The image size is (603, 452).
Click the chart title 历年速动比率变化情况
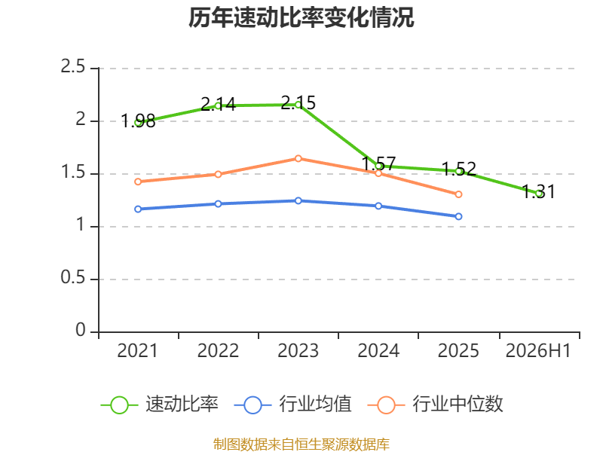coord(301,17)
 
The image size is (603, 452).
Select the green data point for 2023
coord(298,105)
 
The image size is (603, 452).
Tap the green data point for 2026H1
coord(539,194)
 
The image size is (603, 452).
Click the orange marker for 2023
coord(298,158)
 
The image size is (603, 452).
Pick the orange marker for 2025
coord(458,194)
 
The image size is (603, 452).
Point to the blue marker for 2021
coord(138,209)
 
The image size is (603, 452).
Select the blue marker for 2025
coord(458,217)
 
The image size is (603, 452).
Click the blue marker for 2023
coord(298,200)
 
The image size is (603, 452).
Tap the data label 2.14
coord(218,104)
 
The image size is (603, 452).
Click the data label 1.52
coord(459,169)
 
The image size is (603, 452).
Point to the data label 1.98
coord(138,121)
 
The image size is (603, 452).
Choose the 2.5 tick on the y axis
coord(72,67)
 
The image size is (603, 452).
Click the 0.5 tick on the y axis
coord(72,277)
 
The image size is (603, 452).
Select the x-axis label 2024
coord(378,350)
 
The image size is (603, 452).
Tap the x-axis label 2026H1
coord(538,350)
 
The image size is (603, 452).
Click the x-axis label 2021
coord(137,350)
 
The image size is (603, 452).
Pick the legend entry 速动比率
coord(159,405)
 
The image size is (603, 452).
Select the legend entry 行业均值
coord(292,405)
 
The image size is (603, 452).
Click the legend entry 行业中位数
coord(436,405)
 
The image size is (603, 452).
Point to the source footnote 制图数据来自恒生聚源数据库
coord(301,444)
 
